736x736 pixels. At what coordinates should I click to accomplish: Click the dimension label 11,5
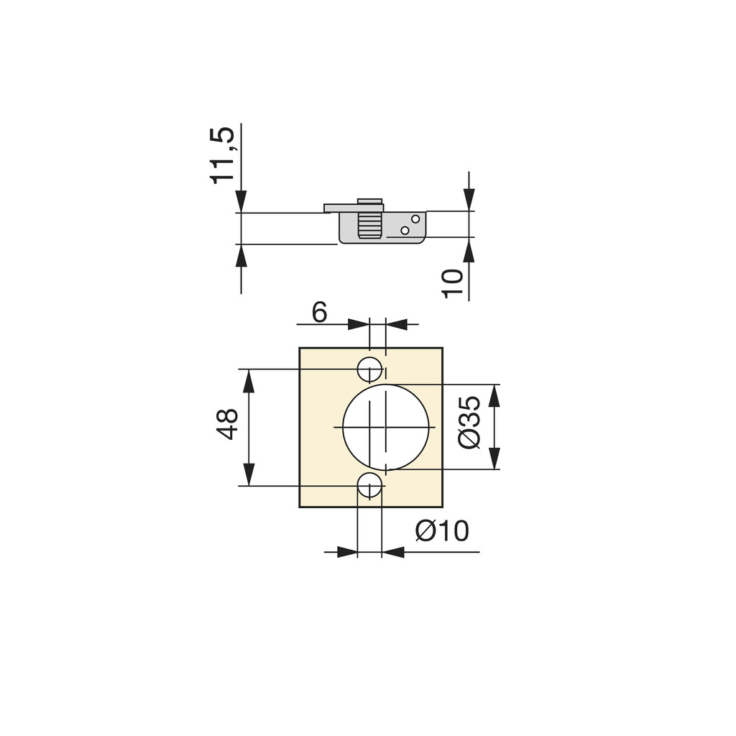click(222, 155)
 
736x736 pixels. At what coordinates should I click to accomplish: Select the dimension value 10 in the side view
click(452, 283)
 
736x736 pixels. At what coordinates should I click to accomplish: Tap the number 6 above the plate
click(319, 313)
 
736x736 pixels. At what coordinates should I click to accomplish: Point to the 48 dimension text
click(228, 424)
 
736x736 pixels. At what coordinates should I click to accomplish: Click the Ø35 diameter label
click(469, 422)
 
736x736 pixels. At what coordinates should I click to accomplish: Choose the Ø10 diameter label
click(442, 532)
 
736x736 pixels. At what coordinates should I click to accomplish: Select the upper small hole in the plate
click(369, 369)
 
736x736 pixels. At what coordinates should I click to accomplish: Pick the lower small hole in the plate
click(369, 485)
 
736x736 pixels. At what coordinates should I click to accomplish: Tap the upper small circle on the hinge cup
click(415, 218)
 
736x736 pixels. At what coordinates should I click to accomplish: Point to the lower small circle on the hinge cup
click(405, 230)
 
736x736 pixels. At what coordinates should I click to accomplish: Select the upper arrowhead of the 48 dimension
click(249, 381)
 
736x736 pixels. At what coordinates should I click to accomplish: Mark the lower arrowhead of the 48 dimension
click(249, 474)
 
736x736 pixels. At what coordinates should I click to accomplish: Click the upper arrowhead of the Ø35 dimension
click(494, 395)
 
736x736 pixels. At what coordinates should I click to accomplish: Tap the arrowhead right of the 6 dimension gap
click(397, 324)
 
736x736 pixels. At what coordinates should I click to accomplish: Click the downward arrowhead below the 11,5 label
click(241, 201)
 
